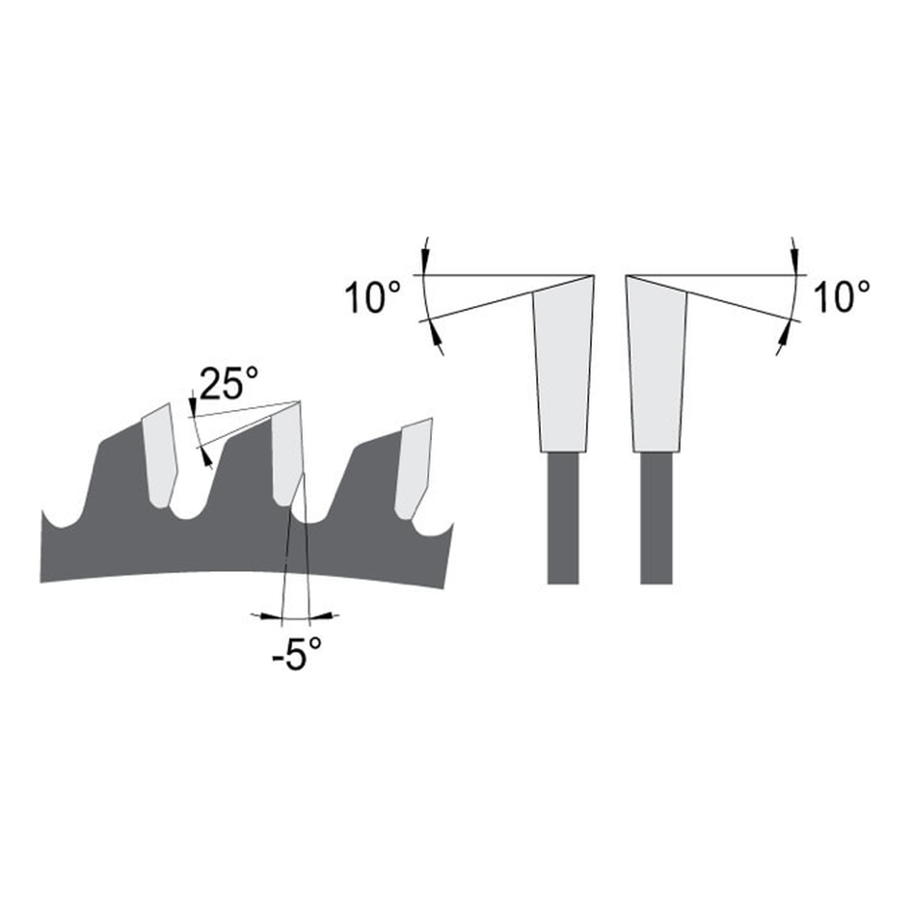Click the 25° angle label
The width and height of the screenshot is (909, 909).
click(x=229, y=384)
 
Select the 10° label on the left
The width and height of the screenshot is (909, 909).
click(x=372, y=297)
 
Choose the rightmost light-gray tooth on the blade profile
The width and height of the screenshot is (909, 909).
click(x=414, y=468)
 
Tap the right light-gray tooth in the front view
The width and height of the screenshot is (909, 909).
click(x=657, y=364)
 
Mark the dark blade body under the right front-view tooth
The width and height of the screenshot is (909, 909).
click(x=656, y=518)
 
